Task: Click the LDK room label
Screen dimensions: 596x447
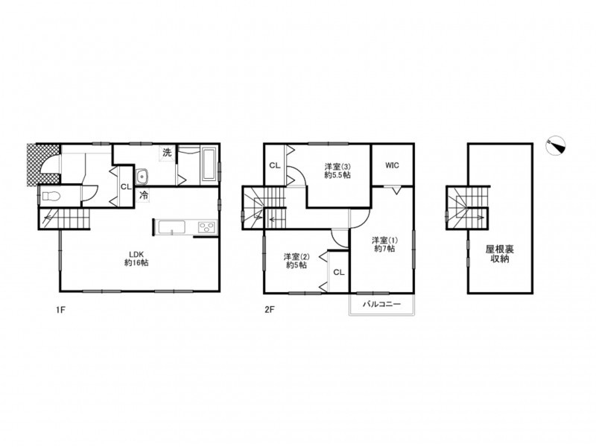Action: click(x=136, y=258)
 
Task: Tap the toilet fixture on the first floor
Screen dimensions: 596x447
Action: click(x=50, y=197)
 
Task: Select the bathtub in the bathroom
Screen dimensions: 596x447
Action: click(x=209, y=165)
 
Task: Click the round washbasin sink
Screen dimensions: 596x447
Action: click(x=142, y=177)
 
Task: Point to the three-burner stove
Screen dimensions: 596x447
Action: click(x=206, y=227)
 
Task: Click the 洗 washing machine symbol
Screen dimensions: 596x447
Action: click(x=167, y=153)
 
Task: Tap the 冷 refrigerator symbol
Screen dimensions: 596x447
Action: click(x=144, y=196)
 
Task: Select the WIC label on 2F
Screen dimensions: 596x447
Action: click(x=392, y=165)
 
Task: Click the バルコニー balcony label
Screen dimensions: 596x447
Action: click(x=381, y=304)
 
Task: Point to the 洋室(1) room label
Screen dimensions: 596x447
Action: click(x=384, y=244)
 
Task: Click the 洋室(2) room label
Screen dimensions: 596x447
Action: click(x=297, y=261)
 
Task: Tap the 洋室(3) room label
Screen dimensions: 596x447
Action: click(x=337, y=171)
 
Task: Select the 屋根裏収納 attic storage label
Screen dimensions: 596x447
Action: click(x=499, y=254)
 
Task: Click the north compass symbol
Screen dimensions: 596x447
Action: click(x=555, y=145)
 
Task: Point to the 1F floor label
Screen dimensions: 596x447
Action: click(x=61, y=309)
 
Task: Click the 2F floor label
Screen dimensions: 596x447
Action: click(x=269, y=309)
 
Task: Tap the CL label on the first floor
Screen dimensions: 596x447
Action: click(x=126, y=187)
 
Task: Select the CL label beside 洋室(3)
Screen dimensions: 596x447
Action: click(x=275, y=165)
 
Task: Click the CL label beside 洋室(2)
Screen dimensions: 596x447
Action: click(x=339, y=272)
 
